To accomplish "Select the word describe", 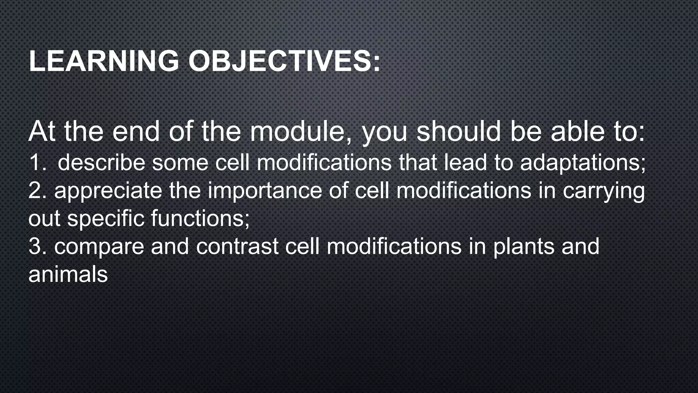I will coord(101,162).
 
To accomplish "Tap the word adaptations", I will coord(582,162).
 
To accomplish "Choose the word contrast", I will coord(237,246).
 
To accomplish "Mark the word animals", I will coord(68,274).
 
